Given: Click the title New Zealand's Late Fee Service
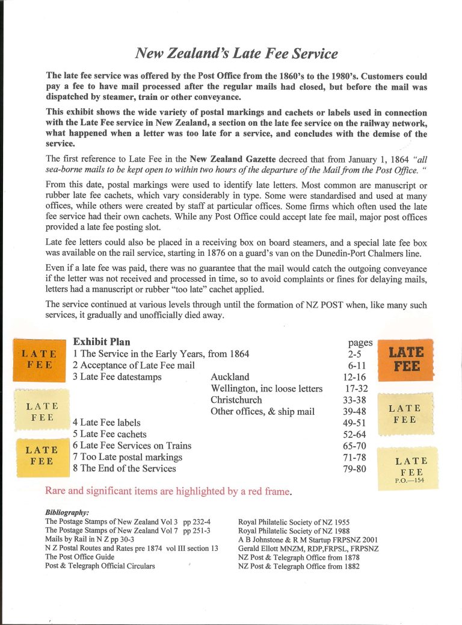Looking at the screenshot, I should [x=236, y=53].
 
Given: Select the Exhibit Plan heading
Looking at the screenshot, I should [x=102, y=342].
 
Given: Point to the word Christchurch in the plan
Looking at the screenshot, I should [x=236, y=400].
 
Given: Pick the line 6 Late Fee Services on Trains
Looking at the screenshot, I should [x=132, y=446].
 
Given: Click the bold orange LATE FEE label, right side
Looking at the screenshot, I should [x=406, y=359].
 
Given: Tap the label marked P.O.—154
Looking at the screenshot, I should [x=409, y=467].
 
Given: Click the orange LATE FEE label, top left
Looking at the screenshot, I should [x=39, y=359].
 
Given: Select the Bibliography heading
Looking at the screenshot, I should [x=67, y=512].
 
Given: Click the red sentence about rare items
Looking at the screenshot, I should [x=168, y=491].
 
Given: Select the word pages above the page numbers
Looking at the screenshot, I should [x=360, y=343].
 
